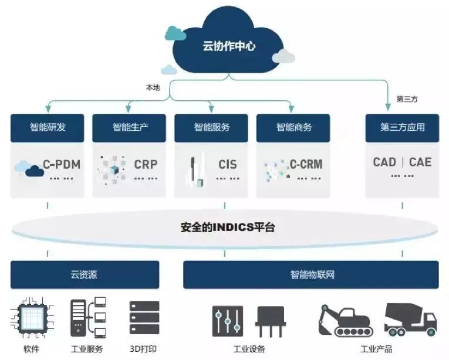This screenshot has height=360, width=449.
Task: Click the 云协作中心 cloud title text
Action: point(229,46)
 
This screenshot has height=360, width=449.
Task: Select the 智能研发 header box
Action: point(48,127)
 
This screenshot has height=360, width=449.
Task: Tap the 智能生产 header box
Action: point(130,127)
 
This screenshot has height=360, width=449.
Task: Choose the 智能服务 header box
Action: point(212,127)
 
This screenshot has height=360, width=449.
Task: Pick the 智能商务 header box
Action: point(293,127)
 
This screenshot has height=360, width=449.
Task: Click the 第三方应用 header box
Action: point(402,127)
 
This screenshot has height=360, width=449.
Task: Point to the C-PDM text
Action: point(62,164)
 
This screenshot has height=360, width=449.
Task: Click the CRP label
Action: point(146,164)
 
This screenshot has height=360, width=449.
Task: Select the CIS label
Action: point(227,164)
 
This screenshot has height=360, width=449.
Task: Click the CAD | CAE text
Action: point(402,162)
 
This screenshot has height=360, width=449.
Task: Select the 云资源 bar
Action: point(84,274)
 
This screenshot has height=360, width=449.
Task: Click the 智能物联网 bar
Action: point(311,274)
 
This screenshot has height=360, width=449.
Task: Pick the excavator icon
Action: point(345,320)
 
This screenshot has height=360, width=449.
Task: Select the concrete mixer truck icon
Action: point(410,320)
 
